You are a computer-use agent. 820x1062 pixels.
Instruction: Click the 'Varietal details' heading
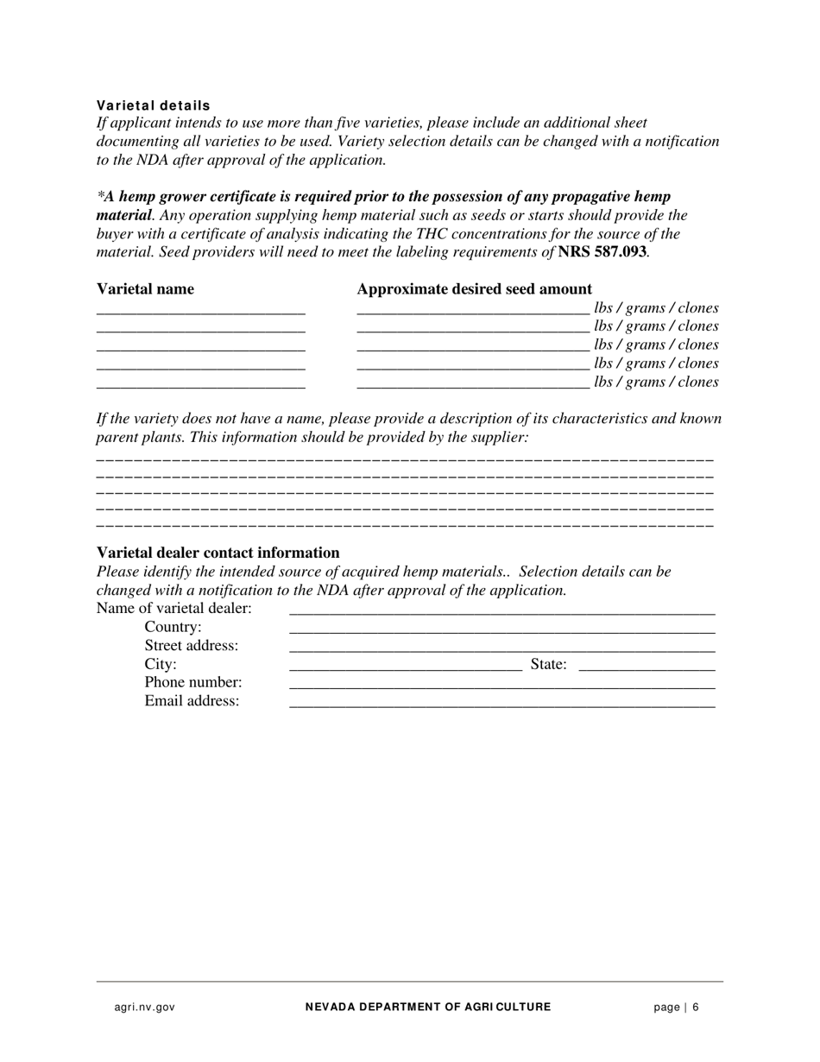tap(153, 105)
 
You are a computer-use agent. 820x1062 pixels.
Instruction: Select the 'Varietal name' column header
tap(145, 289)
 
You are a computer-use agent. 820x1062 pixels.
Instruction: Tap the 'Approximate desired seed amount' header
tap(474, 289)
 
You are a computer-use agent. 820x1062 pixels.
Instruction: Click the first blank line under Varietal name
tap(201, 311)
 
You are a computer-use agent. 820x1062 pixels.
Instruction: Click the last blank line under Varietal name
tap(201, 385)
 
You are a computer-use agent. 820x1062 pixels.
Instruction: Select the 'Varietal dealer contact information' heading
tap(218, 553)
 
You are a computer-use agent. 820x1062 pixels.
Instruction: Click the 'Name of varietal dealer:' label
tap(173, 609)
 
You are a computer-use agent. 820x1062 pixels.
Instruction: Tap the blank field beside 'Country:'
tap(501, 629)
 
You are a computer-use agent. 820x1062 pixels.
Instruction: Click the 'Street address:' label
tap(191, 646)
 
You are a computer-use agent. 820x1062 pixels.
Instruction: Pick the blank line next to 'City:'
tap(406, 667)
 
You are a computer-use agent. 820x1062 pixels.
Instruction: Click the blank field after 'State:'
tap(647, 667)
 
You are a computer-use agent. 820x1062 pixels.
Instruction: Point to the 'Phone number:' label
tap(192, 683)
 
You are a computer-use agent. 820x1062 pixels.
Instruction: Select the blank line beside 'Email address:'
tap(501, 704)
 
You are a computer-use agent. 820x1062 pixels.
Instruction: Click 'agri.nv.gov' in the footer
tap(144, 1007)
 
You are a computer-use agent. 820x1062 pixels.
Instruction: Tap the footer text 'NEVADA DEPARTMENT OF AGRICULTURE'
tap(427, 1007)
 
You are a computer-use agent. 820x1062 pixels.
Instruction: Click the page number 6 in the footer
tap(695, 1007)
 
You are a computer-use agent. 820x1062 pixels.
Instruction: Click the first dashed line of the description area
tap(405, 458)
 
